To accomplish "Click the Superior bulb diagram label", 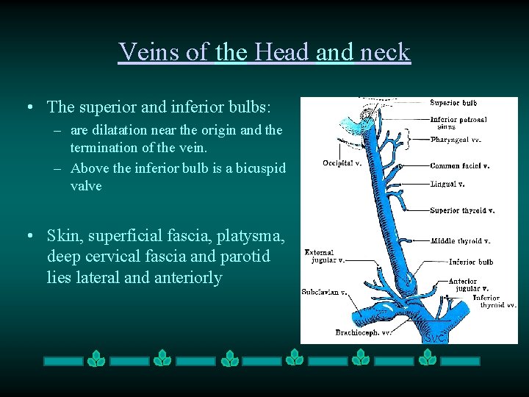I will point(453,103).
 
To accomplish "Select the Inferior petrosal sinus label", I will point(458,123).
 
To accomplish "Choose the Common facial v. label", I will point(460,166).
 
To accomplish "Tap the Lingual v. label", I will point(447,184).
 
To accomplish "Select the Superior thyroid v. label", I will point(462,210).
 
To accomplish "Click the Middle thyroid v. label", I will point(461,240).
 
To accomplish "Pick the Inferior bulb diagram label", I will point(471,262).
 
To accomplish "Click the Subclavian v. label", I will point(324,292).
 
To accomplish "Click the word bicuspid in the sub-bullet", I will point(261,168).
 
